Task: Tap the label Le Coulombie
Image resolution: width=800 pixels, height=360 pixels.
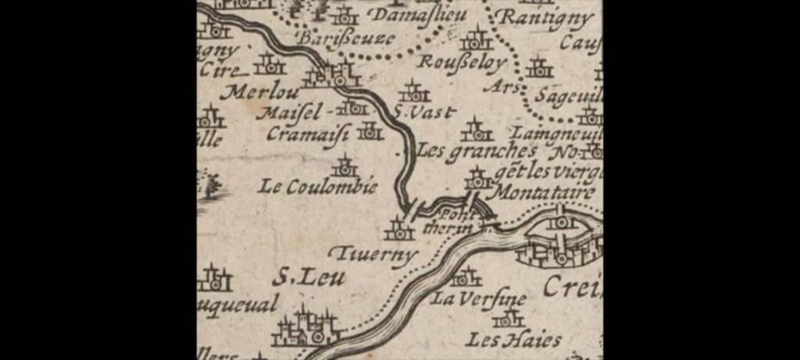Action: pyautogui.click(x=319, y=187)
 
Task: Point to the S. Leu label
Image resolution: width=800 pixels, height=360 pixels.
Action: pyautogui.click(x=308, y=277)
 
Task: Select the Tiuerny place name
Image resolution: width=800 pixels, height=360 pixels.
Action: pyautogui.click(x=372, y=255)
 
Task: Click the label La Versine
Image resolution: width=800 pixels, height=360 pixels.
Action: pyautogui.click(x=478, y=300)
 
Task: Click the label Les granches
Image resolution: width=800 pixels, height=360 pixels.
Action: pyautogui.click(x=477, y=151)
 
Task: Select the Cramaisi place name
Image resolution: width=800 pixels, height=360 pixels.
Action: pyautogui.click(x=307, y=134)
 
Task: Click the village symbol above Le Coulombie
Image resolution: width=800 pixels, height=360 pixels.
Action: pyautogui.click(x=345, y=166)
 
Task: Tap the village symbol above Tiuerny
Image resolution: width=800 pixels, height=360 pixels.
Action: pyautogui.click(x=399, y=229)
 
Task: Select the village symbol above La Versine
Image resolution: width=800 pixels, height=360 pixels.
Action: pyautogui.click(x=466, y=276)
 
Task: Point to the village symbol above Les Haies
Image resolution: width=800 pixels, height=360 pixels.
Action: pyautogui.click(x=508, y=319)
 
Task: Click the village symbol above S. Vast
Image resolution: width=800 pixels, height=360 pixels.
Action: pyautogui.click(x=413, y=91)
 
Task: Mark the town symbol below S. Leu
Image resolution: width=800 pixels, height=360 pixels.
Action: pyautogui.click(x=306, y=328)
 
